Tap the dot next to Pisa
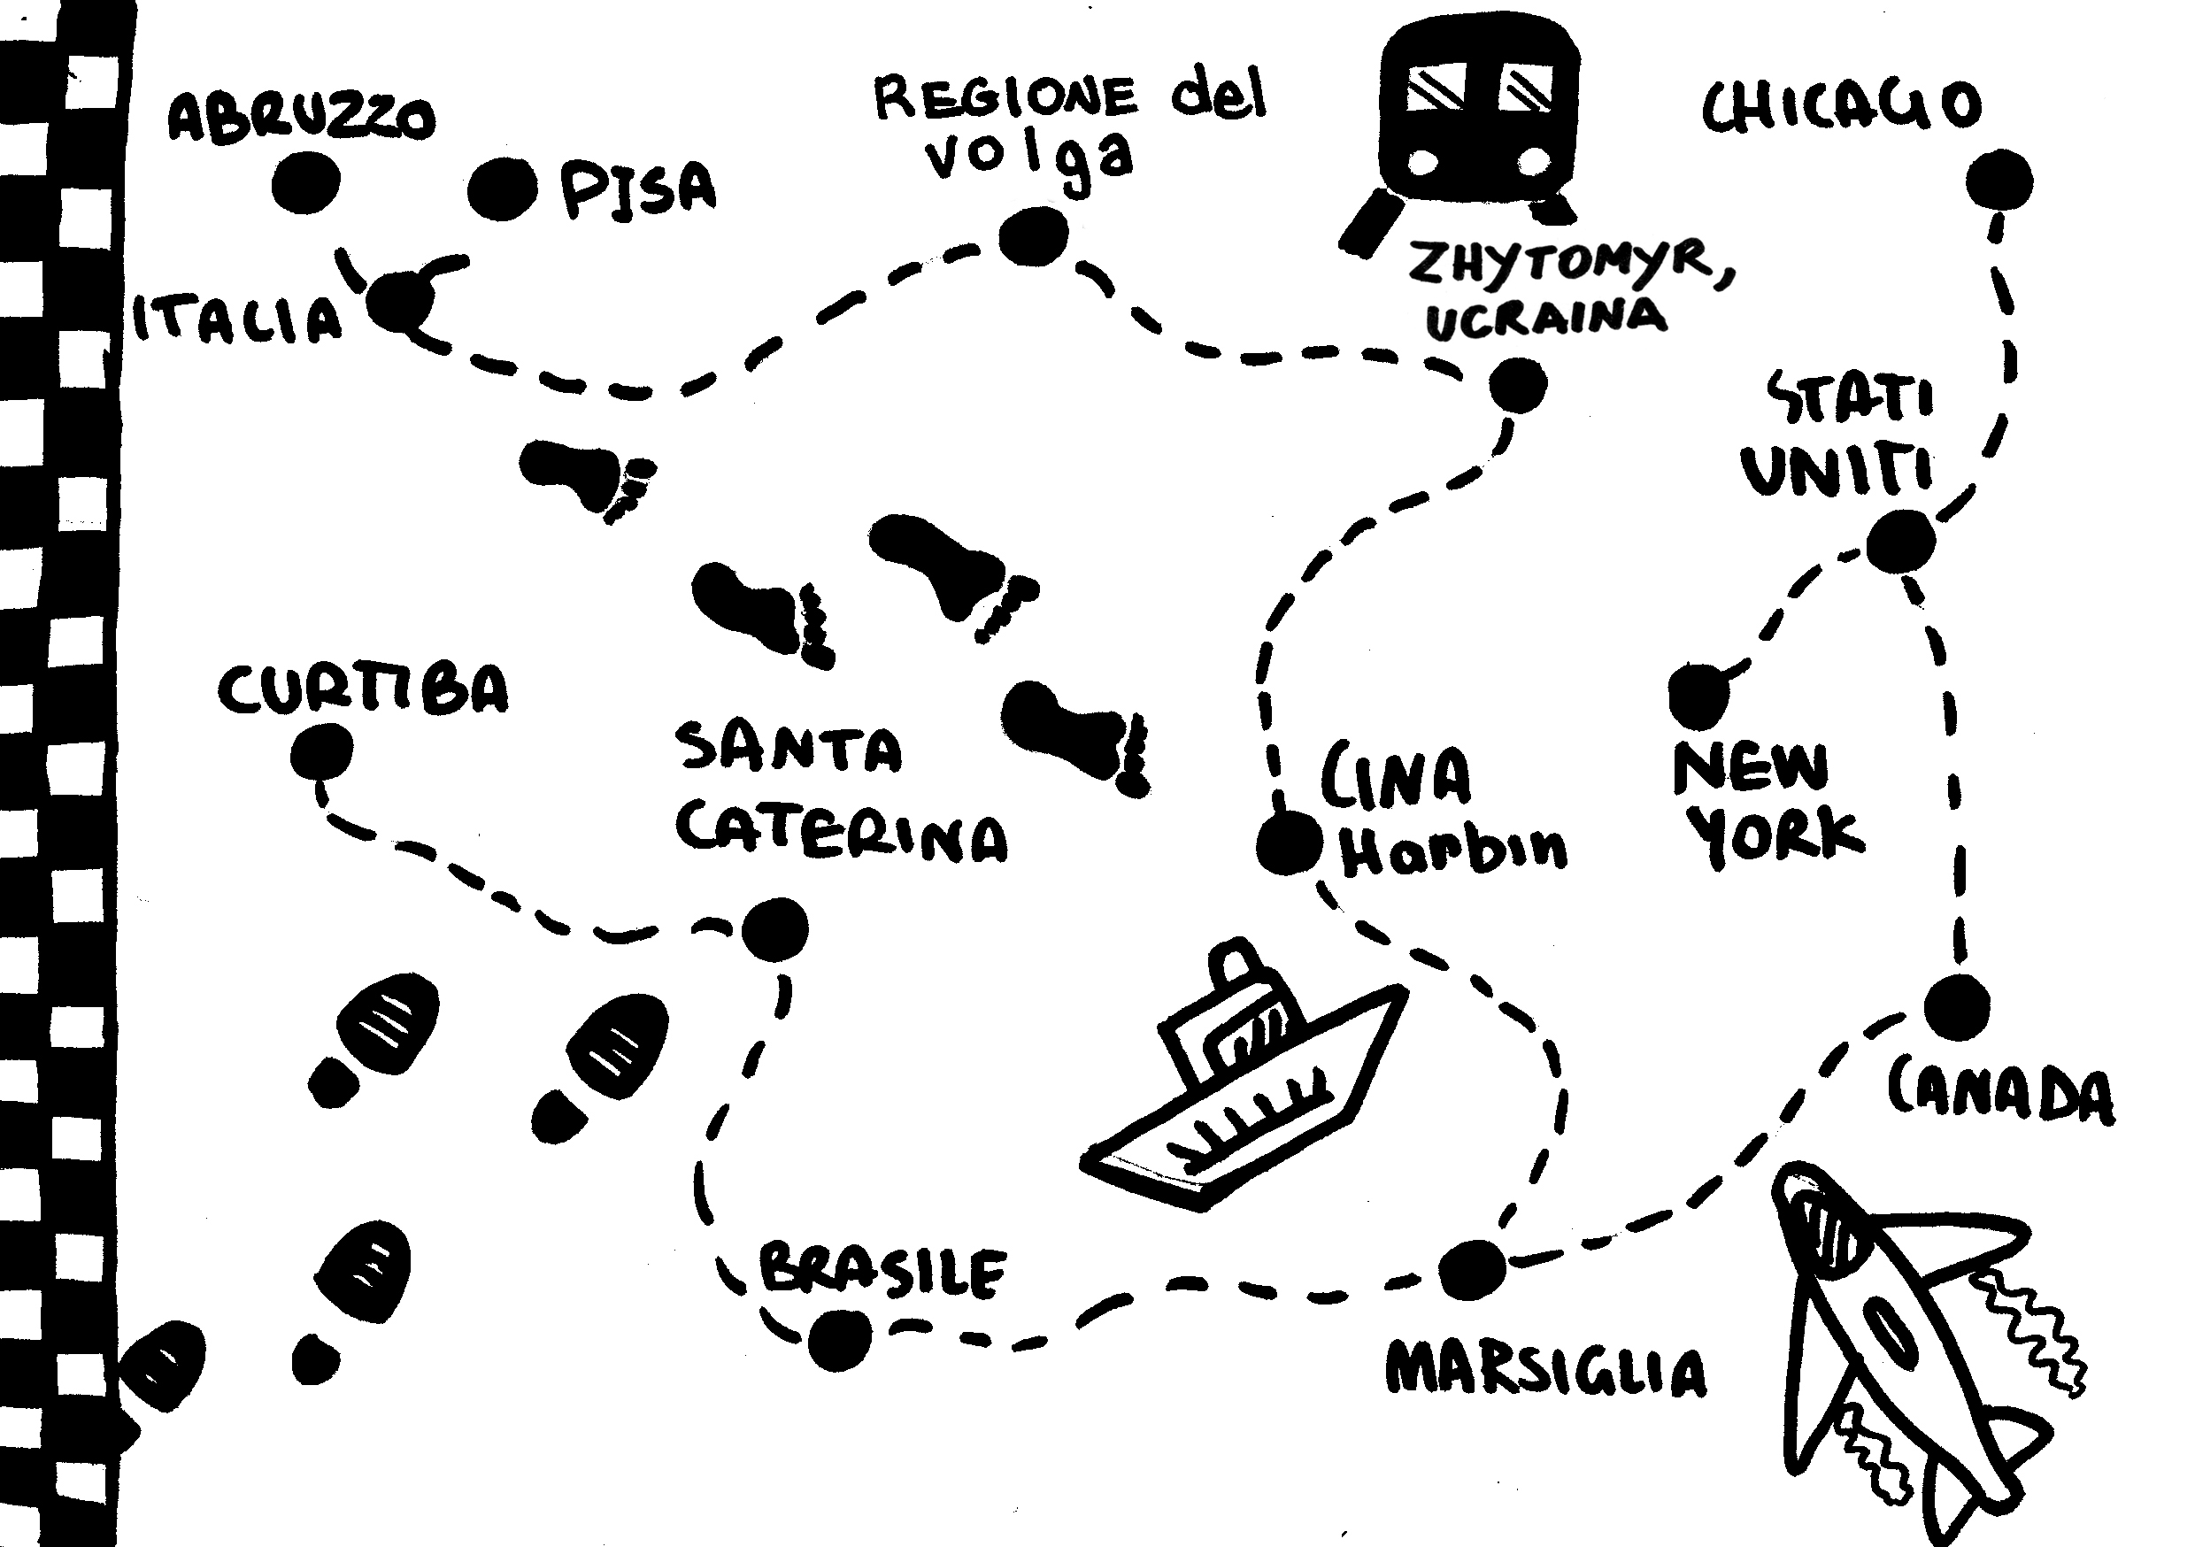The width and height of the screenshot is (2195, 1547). tap(501, 189)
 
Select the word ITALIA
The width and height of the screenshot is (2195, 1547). tap(237, 319)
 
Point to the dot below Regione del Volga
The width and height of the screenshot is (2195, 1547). tap(1034, 235)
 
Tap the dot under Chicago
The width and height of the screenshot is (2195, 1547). tap(2000, 180)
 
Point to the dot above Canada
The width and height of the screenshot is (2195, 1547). tap(1957, 1008)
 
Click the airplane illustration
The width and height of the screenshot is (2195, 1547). tap(1902, 1338)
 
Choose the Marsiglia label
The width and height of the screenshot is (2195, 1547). tap(1545, 1371)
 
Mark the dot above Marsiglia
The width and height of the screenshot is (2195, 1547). tap(1472, 1270)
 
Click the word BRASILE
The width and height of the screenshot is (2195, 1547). tap(882, 1272)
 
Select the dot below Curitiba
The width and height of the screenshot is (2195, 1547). tap(321, 752)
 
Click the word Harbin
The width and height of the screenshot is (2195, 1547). tap(1453, 849)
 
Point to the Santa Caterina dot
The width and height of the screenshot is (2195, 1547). tap(774, 928)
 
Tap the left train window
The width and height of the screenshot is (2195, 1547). tap(1436, 86)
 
